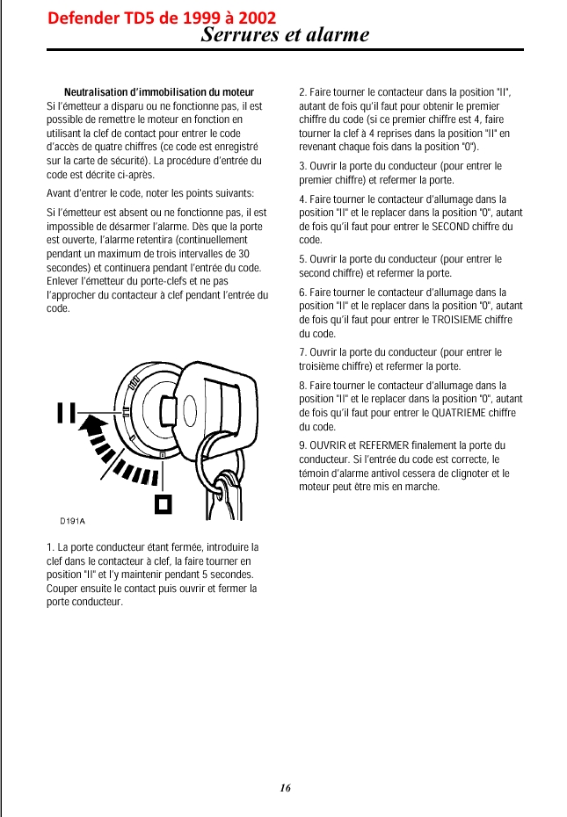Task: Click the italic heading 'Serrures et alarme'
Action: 285,36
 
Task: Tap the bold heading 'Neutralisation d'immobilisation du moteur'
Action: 159,92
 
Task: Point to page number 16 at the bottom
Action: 285,787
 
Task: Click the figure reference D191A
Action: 72,521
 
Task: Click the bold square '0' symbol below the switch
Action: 163,503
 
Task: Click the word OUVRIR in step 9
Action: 327,446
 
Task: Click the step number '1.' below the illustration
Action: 50,548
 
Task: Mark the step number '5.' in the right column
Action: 303,260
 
